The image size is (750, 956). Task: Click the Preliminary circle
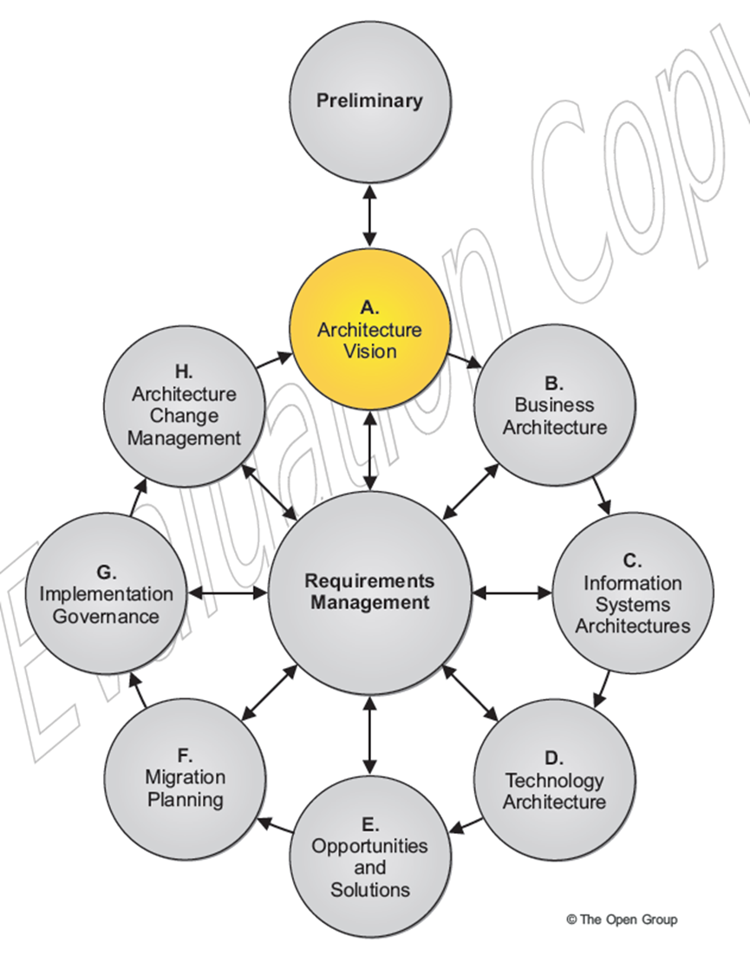369,101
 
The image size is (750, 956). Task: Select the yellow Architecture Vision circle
369,331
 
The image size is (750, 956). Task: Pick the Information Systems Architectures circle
632,593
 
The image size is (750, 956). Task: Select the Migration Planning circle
186,778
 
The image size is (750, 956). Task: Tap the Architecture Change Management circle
184,405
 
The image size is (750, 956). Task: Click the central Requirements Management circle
370,593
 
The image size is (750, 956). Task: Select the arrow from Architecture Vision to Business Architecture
466,361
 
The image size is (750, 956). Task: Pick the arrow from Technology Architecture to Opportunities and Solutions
468,821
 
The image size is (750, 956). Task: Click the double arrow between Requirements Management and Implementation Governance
227,594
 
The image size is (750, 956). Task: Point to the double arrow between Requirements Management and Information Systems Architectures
512,593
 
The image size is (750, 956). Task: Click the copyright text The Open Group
622,919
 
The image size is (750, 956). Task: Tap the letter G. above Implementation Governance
106,573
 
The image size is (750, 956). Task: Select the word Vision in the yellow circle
369,351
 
